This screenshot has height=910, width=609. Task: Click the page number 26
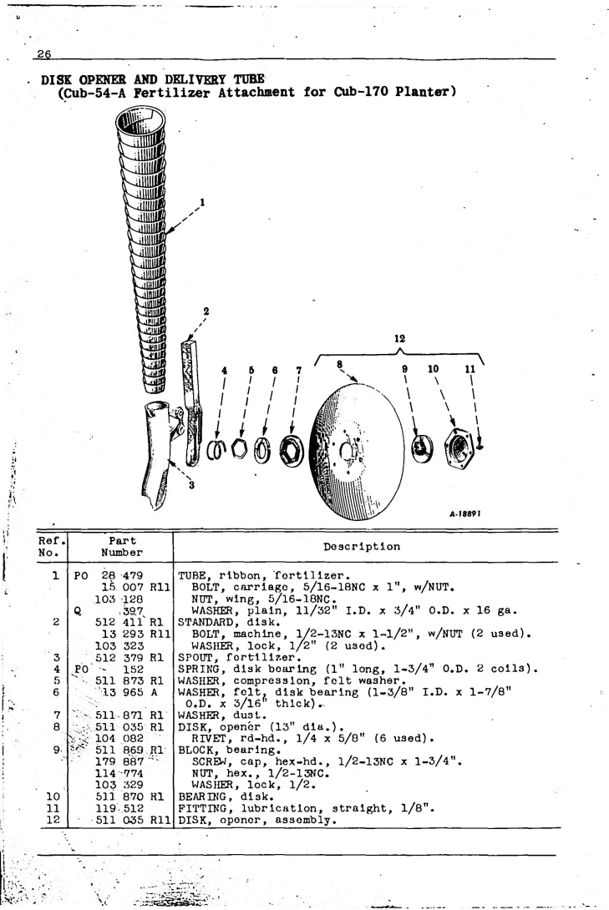click(x=44, y=54)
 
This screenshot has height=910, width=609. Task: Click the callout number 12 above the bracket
click(x=399, y=338)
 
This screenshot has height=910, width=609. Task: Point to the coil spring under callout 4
click(x=217, y=450)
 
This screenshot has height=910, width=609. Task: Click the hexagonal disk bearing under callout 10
click(x=458, y=448)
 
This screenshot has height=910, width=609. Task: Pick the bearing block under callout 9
click(x=422, y=449)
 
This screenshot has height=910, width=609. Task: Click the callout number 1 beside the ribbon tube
click(x=202, y=203)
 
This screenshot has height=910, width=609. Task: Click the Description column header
click(x=362, y=547)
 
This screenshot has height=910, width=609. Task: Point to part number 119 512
click(x=119, y=808)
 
